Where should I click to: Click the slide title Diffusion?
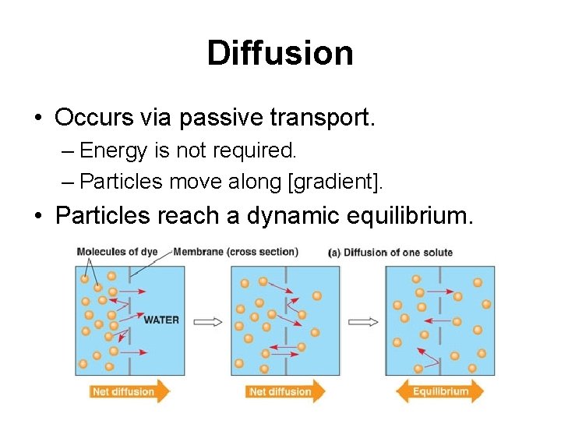[x=280, y=53]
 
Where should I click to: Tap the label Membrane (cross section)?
[x=235, y=252]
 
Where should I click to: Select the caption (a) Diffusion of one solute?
[x=391, y=253]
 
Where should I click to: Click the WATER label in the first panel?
[x=161, y=320]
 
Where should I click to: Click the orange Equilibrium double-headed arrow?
[x=440, y=391]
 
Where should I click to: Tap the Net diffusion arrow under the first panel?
[x=129, y=391]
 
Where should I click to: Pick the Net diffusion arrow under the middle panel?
[x=285, y=391]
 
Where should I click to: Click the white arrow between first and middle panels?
[x=207, y=320]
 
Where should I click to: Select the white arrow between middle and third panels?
[x=363, y=320]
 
